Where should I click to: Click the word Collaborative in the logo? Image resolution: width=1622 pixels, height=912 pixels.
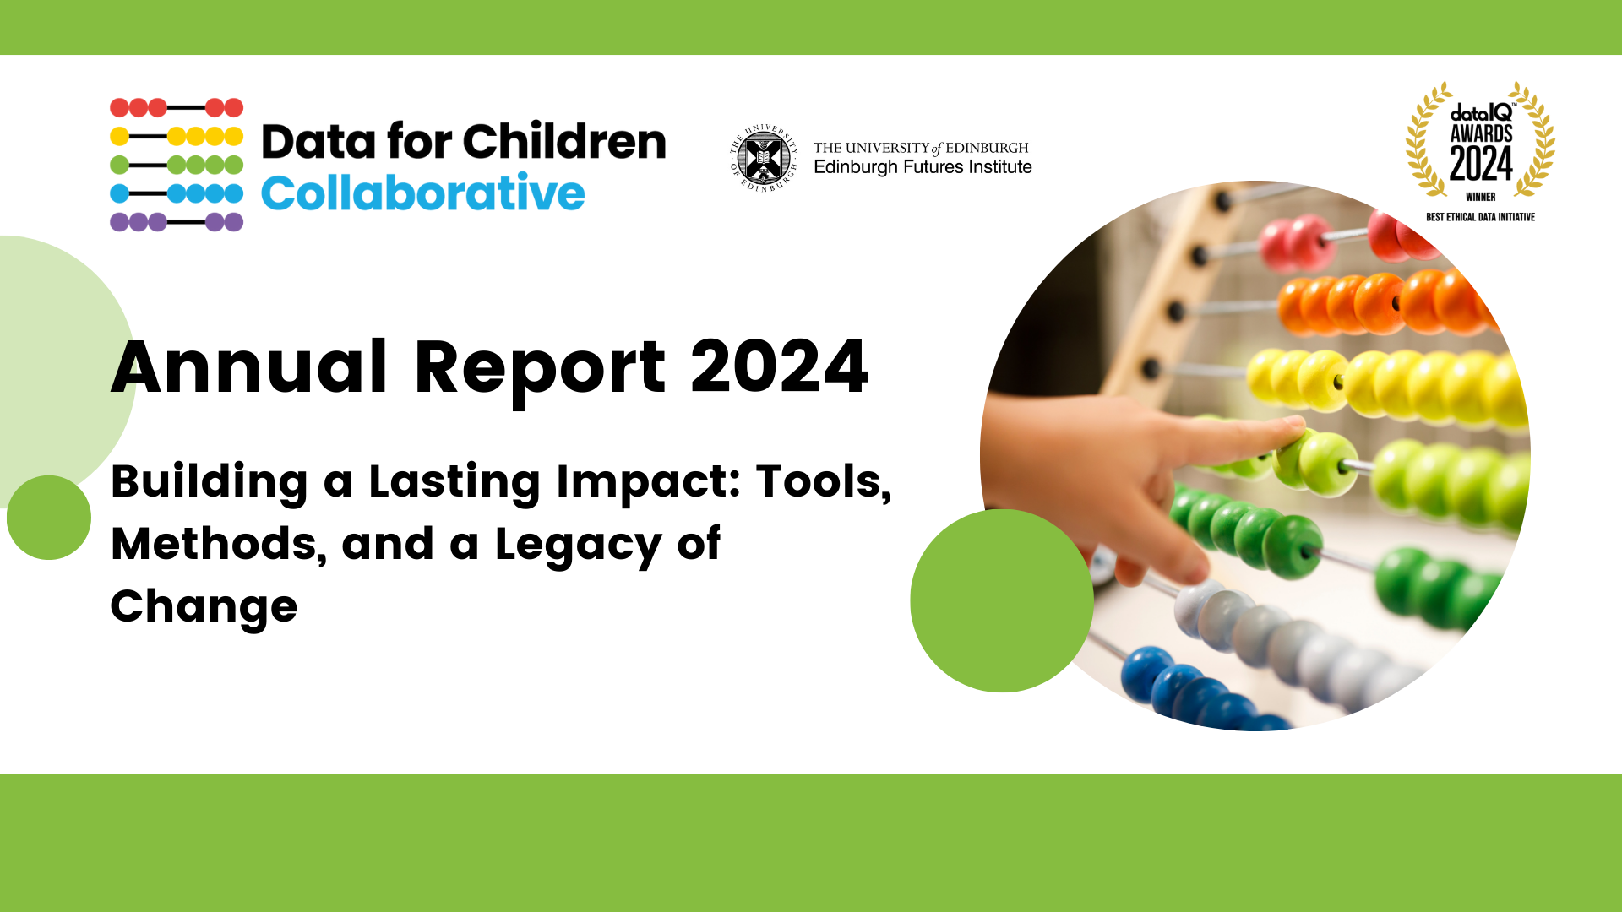pyautogui.click(x=422, y=193)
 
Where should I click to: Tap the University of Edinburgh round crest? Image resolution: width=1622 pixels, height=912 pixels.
pyautogui.click(x=764, y=158)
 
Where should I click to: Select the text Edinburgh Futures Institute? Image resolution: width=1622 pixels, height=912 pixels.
pyautogui.click(x=923, y=167)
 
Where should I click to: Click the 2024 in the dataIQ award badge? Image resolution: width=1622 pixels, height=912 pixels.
pyautogui.click(x=1481, y=164)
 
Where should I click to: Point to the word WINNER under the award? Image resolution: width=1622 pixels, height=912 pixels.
pyautogui.click(x=1480, y=197)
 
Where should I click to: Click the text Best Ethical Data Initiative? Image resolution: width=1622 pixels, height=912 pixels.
pyautogui.click(x=1480, y=217)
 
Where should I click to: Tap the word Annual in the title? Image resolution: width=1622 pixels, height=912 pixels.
pyautogui.click(x=249, y=367)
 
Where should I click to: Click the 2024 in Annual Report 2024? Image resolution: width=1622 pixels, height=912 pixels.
pyautogui.click(x=779, y=367)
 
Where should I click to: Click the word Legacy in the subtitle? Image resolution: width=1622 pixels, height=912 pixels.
pyautogui.click(x=578, y=545)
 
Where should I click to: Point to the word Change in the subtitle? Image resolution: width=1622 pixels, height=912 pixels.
pyautogui.click(x=204, y=607)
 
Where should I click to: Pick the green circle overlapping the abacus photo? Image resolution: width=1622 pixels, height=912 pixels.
pyautogui.click(x=1001, y=600)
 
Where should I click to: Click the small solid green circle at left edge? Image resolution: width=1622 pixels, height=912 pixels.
pyautogui.click(x=49, y=518)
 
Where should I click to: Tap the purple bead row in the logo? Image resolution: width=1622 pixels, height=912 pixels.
pyautogui.click(x=177, y=222)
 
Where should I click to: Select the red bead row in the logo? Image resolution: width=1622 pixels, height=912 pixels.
pyautogui.click(x=177, y=107)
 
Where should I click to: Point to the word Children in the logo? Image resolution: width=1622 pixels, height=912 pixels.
pyautogui.click(x=564, y=141)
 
